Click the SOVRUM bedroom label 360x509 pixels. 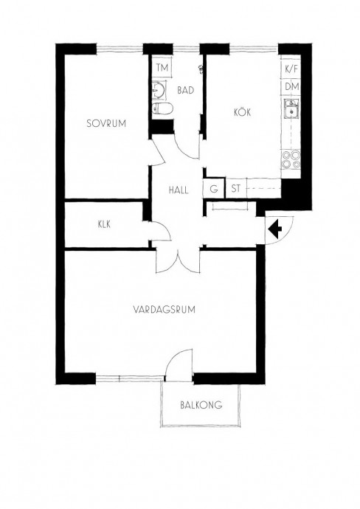[106, 123]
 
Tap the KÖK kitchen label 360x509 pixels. [243, 112]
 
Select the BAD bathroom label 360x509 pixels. [185, 90]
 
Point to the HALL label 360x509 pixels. [179, 190]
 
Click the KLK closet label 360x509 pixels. [104, 224]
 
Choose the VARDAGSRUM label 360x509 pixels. [165, 309]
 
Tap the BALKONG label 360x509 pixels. [201, 405]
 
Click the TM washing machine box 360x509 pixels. [162, 68]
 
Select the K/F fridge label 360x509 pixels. [291, 69]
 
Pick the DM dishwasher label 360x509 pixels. [292, 86]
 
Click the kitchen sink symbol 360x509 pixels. [291, 109]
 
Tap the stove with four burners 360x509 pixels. [291, 159]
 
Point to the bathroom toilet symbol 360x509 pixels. [162, 108]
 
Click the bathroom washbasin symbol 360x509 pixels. [159, 89]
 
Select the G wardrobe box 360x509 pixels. [214, 189]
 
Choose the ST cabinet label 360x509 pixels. [236, 188]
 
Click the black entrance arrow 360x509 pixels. [275, 229]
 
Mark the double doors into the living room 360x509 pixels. [179, 260]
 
